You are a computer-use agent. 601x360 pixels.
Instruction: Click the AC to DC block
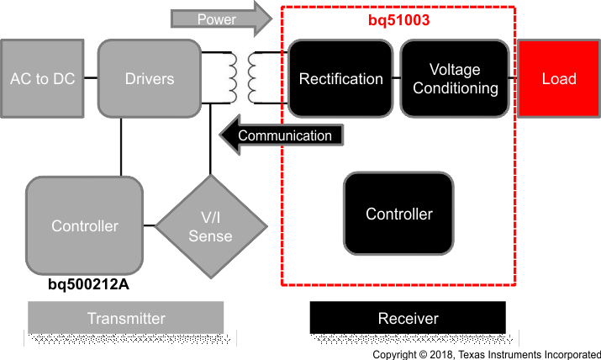(x=43, y=79)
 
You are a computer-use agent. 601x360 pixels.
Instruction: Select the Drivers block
(x=150, y=79)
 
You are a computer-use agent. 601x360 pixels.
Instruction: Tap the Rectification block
(x=340, y=79)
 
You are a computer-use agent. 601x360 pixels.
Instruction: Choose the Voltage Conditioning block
(x=456, y=78)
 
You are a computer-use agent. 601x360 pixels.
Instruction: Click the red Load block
(x=558, y=79)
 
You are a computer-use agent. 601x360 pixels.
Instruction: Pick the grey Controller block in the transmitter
(x=84, y=225)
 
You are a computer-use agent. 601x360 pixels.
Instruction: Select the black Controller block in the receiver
(x=398, y=214)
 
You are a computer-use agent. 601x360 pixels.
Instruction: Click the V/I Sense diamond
(x=209, y=226)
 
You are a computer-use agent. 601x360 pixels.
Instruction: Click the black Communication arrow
(x=282, y=135)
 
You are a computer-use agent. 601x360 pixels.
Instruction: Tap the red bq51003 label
(x=398, y=19)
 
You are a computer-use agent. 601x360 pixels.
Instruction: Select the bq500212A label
(x=88, y=284)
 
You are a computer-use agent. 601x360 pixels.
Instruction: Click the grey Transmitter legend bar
(x=126, y=319)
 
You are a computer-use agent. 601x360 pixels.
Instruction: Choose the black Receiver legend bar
(x=408, y=319)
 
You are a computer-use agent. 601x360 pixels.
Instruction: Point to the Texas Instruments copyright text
(x=486, y=354)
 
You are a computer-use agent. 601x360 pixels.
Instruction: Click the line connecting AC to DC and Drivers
(x=92, y=79)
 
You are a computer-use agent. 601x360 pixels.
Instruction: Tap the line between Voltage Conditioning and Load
(x=515, y=79)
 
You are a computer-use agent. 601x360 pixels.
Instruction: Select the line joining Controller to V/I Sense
(x=149, y=226)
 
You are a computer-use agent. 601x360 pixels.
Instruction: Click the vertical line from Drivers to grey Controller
(x=123, y=146)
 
